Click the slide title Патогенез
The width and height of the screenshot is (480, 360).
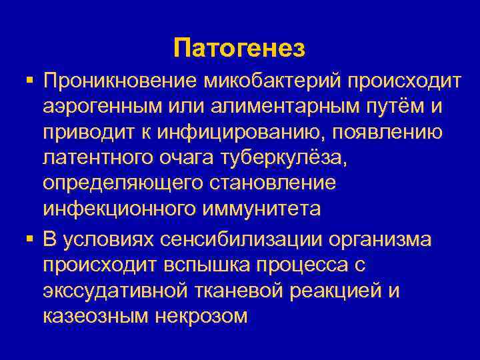(x=239, y=49)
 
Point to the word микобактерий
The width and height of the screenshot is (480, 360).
(x=265, y=81)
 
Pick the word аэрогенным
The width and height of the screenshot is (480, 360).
(x=107, y=107)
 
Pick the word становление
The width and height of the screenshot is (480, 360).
(x=265, y=183)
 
